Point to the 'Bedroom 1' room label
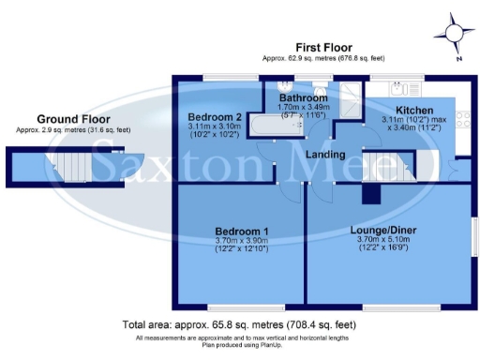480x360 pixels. tap(242, 232)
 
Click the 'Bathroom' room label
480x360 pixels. tap(306, 97)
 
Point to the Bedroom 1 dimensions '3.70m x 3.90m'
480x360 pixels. tap(242, 242)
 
